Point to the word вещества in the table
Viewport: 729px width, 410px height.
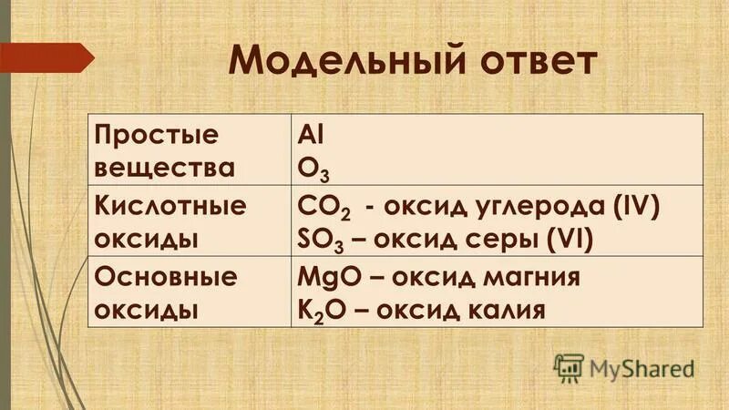(x=165, y=168)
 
